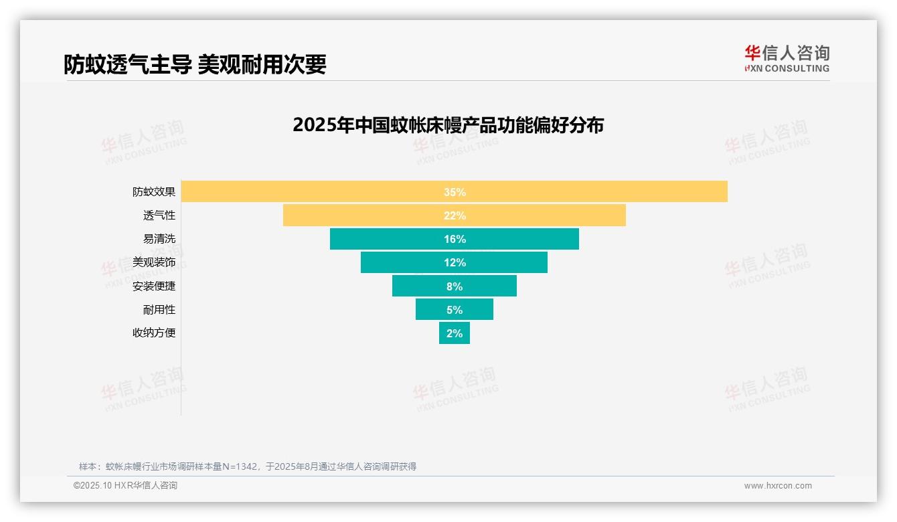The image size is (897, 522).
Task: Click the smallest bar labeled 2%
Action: (x=455, y=333)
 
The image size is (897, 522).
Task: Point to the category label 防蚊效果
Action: (x=154, y=192)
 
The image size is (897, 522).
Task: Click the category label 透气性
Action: (x=159, y=215)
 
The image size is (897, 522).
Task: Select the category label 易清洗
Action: (x=159, y=239)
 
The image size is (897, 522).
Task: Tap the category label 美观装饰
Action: (x=154, y=262)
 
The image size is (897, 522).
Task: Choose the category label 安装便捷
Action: (x=154, y=286)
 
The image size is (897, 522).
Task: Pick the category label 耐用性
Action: (x=159, y=309)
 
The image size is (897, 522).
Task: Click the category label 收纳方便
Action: (x=154, y=333)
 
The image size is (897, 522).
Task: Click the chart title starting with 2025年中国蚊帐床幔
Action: (x=448, y=125)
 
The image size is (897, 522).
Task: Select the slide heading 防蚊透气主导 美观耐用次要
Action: (x=195, y=64)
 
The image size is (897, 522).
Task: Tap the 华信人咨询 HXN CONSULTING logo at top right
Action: (x=787, y=59)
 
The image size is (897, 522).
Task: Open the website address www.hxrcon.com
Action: (x=778, y=486)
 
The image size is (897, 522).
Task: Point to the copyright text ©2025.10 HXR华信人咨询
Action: (x=125, y=486)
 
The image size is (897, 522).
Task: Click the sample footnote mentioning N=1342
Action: (x=248, y=466)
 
